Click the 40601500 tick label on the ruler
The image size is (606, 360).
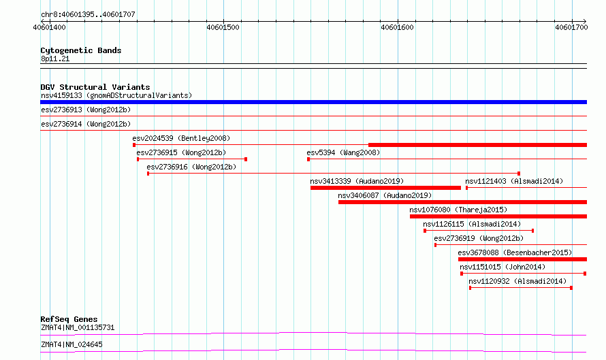[x=223, y=27]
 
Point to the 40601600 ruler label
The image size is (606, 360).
[x=397, y=27]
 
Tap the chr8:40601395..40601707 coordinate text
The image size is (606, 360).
[x=88, y=15]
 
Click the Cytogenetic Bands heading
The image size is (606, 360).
[x=81, y=50]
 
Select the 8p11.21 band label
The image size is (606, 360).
[x=55, y=59]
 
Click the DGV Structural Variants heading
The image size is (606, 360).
[x=95, y=87]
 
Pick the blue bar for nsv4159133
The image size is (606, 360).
[x=313, y=102]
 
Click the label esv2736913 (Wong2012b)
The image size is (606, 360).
[x=86, y=110]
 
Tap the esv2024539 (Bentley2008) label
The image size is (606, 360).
[x=181, y=138]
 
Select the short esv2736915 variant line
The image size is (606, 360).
[x=192, y=159]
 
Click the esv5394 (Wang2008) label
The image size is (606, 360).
[x=343, y=152]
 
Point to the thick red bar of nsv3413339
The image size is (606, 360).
[x=385, y=188]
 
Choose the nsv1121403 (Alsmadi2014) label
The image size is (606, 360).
[x=514, y=181]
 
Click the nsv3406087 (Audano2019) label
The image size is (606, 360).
[x=385, y=195]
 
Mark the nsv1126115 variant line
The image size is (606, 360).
[x=479, y=231]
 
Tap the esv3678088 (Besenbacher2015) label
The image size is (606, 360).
[x=515, y=252]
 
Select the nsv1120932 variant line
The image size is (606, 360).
[x=521, y=288]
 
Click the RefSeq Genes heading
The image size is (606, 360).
[x=69, y=319]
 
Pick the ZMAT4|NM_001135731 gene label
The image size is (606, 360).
[x=78, y=327]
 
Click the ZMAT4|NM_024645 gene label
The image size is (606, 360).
[x=71, y=344]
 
